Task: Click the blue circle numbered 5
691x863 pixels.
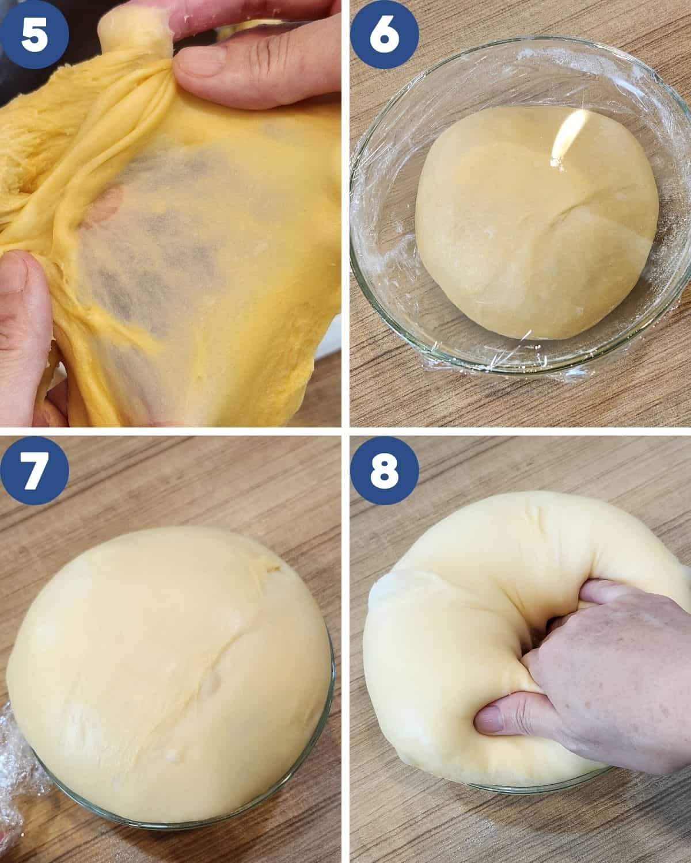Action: click(35, 34)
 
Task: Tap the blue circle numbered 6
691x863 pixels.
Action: click(384, 34)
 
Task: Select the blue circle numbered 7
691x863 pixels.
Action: click(35, 471)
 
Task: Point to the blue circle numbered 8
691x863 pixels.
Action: click(384, 471)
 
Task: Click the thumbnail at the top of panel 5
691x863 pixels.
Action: click(200, 62)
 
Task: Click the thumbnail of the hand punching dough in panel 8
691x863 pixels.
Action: click(490, 724)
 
